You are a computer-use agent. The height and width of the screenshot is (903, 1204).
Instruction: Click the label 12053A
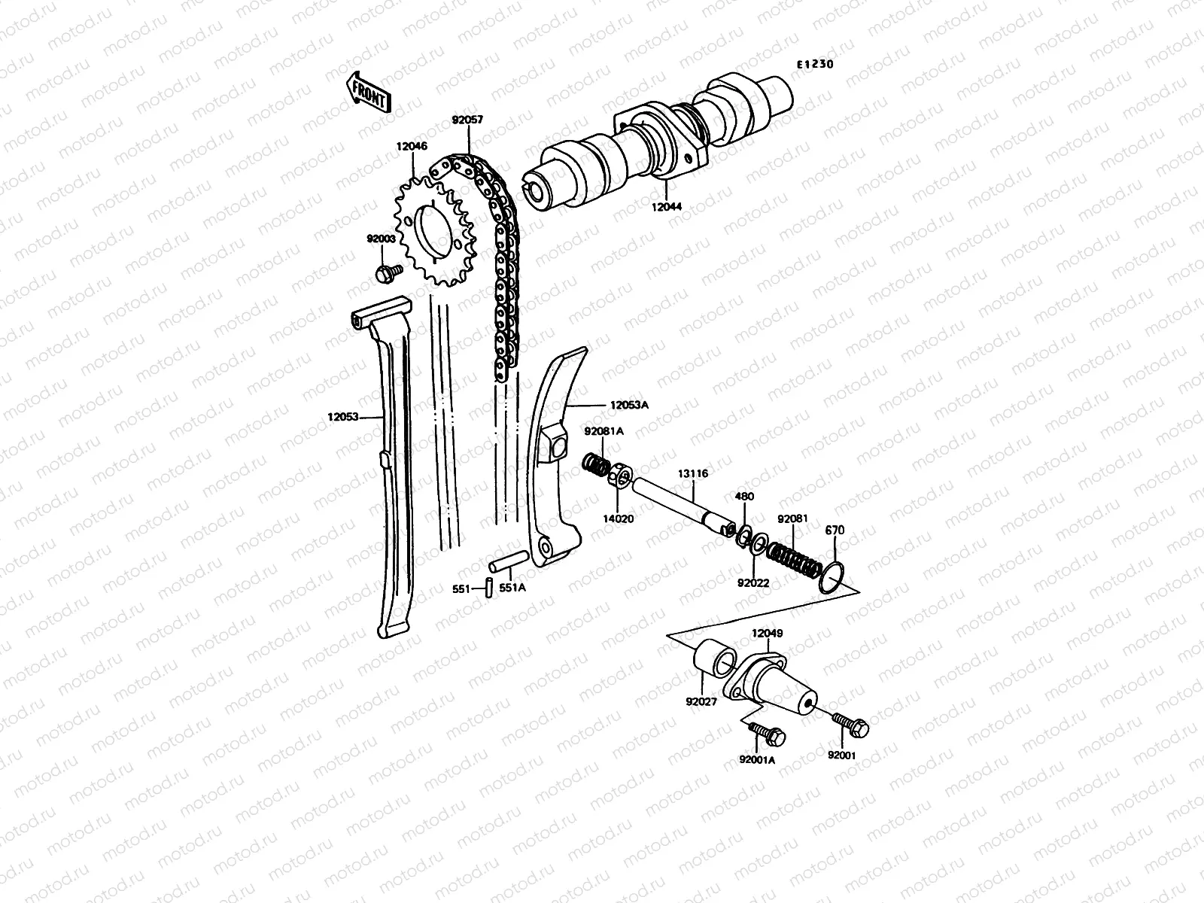click(x=629, y=405)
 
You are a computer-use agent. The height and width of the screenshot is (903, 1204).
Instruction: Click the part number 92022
click(x=752, y=582)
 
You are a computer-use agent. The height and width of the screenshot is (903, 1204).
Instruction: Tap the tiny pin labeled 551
click(x=488, y=588)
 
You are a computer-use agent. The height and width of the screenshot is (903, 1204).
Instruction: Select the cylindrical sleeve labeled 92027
click(x=716, y=660)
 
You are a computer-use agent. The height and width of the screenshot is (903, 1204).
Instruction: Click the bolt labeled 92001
click(x=850, y=724)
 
